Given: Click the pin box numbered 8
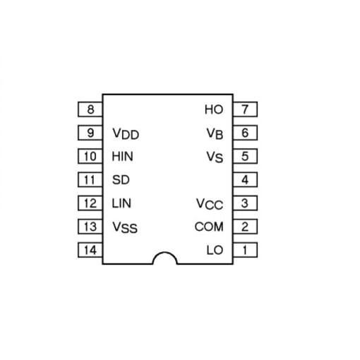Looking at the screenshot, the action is [90, 109].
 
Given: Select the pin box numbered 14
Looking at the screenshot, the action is [90, 250].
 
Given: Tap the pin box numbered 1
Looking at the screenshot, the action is [245, 250].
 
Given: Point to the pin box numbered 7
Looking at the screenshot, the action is [245, 109].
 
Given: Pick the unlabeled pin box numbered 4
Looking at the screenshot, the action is [245, 179].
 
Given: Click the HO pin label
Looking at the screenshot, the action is [214, 109].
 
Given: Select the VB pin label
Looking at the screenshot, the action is [215, 133].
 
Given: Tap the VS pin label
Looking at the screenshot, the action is [215, 157].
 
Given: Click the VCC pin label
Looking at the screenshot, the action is [210, 204].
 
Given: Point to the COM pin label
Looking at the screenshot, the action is [209, 227].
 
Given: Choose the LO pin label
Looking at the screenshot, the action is [215, 250].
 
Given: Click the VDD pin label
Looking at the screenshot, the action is [126, 133].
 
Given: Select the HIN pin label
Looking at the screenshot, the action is [122, 157].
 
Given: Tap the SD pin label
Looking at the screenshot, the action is [121, 180].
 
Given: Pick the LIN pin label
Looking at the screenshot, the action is [121, 203].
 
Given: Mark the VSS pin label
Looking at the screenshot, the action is [125, 227].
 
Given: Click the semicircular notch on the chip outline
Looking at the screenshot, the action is [165, 253].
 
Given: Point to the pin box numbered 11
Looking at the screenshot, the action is [90, 179].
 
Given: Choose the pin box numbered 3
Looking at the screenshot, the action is [245, 203].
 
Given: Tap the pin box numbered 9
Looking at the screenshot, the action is [90, 133].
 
